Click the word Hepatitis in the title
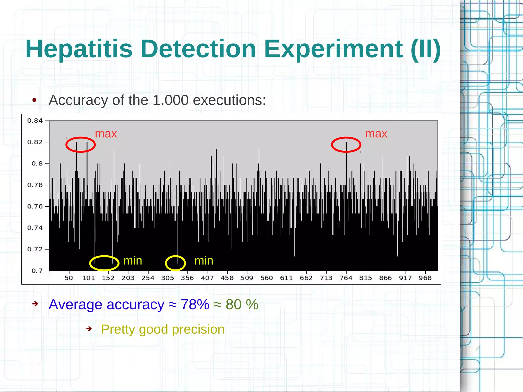79,49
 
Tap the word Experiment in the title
333,49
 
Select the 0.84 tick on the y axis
35,121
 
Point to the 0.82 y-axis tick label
35,142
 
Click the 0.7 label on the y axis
37,271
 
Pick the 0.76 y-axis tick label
35,206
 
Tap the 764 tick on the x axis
346,278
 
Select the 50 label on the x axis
69,278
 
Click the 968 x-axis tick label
425,278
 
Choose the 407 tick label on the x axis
207,278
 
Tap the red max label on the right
376,134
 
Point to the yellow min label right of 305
204,261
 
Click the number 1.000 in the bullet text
171,100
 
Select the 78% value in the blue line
195,305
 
